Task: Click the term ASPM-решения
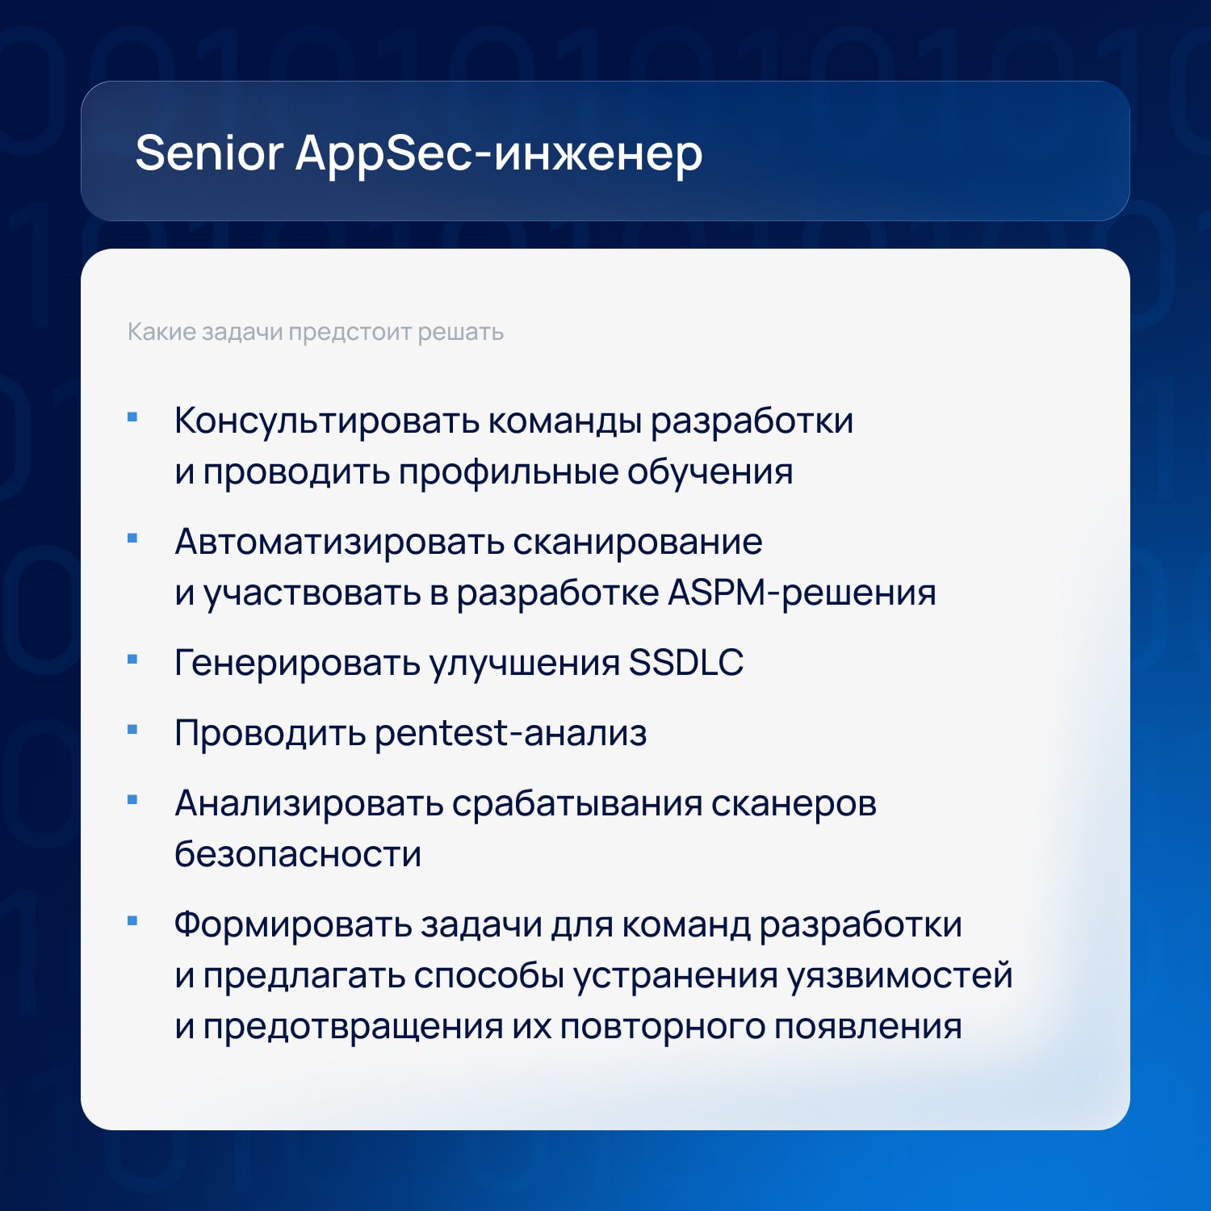[x=802, y=593]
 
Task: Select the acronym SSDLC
[x=686, y=663]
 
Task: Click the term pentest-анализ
[x=511, y=733]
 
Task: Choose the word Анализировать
[x=308, y=803]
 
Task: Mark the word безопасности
[x=298, y=854]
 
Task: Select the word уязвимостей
[x=900, y=976]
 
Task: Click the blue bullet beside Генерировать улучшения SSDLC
[x=133, y=660]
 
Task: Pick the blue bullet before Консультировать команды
[x=133, y=417]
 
